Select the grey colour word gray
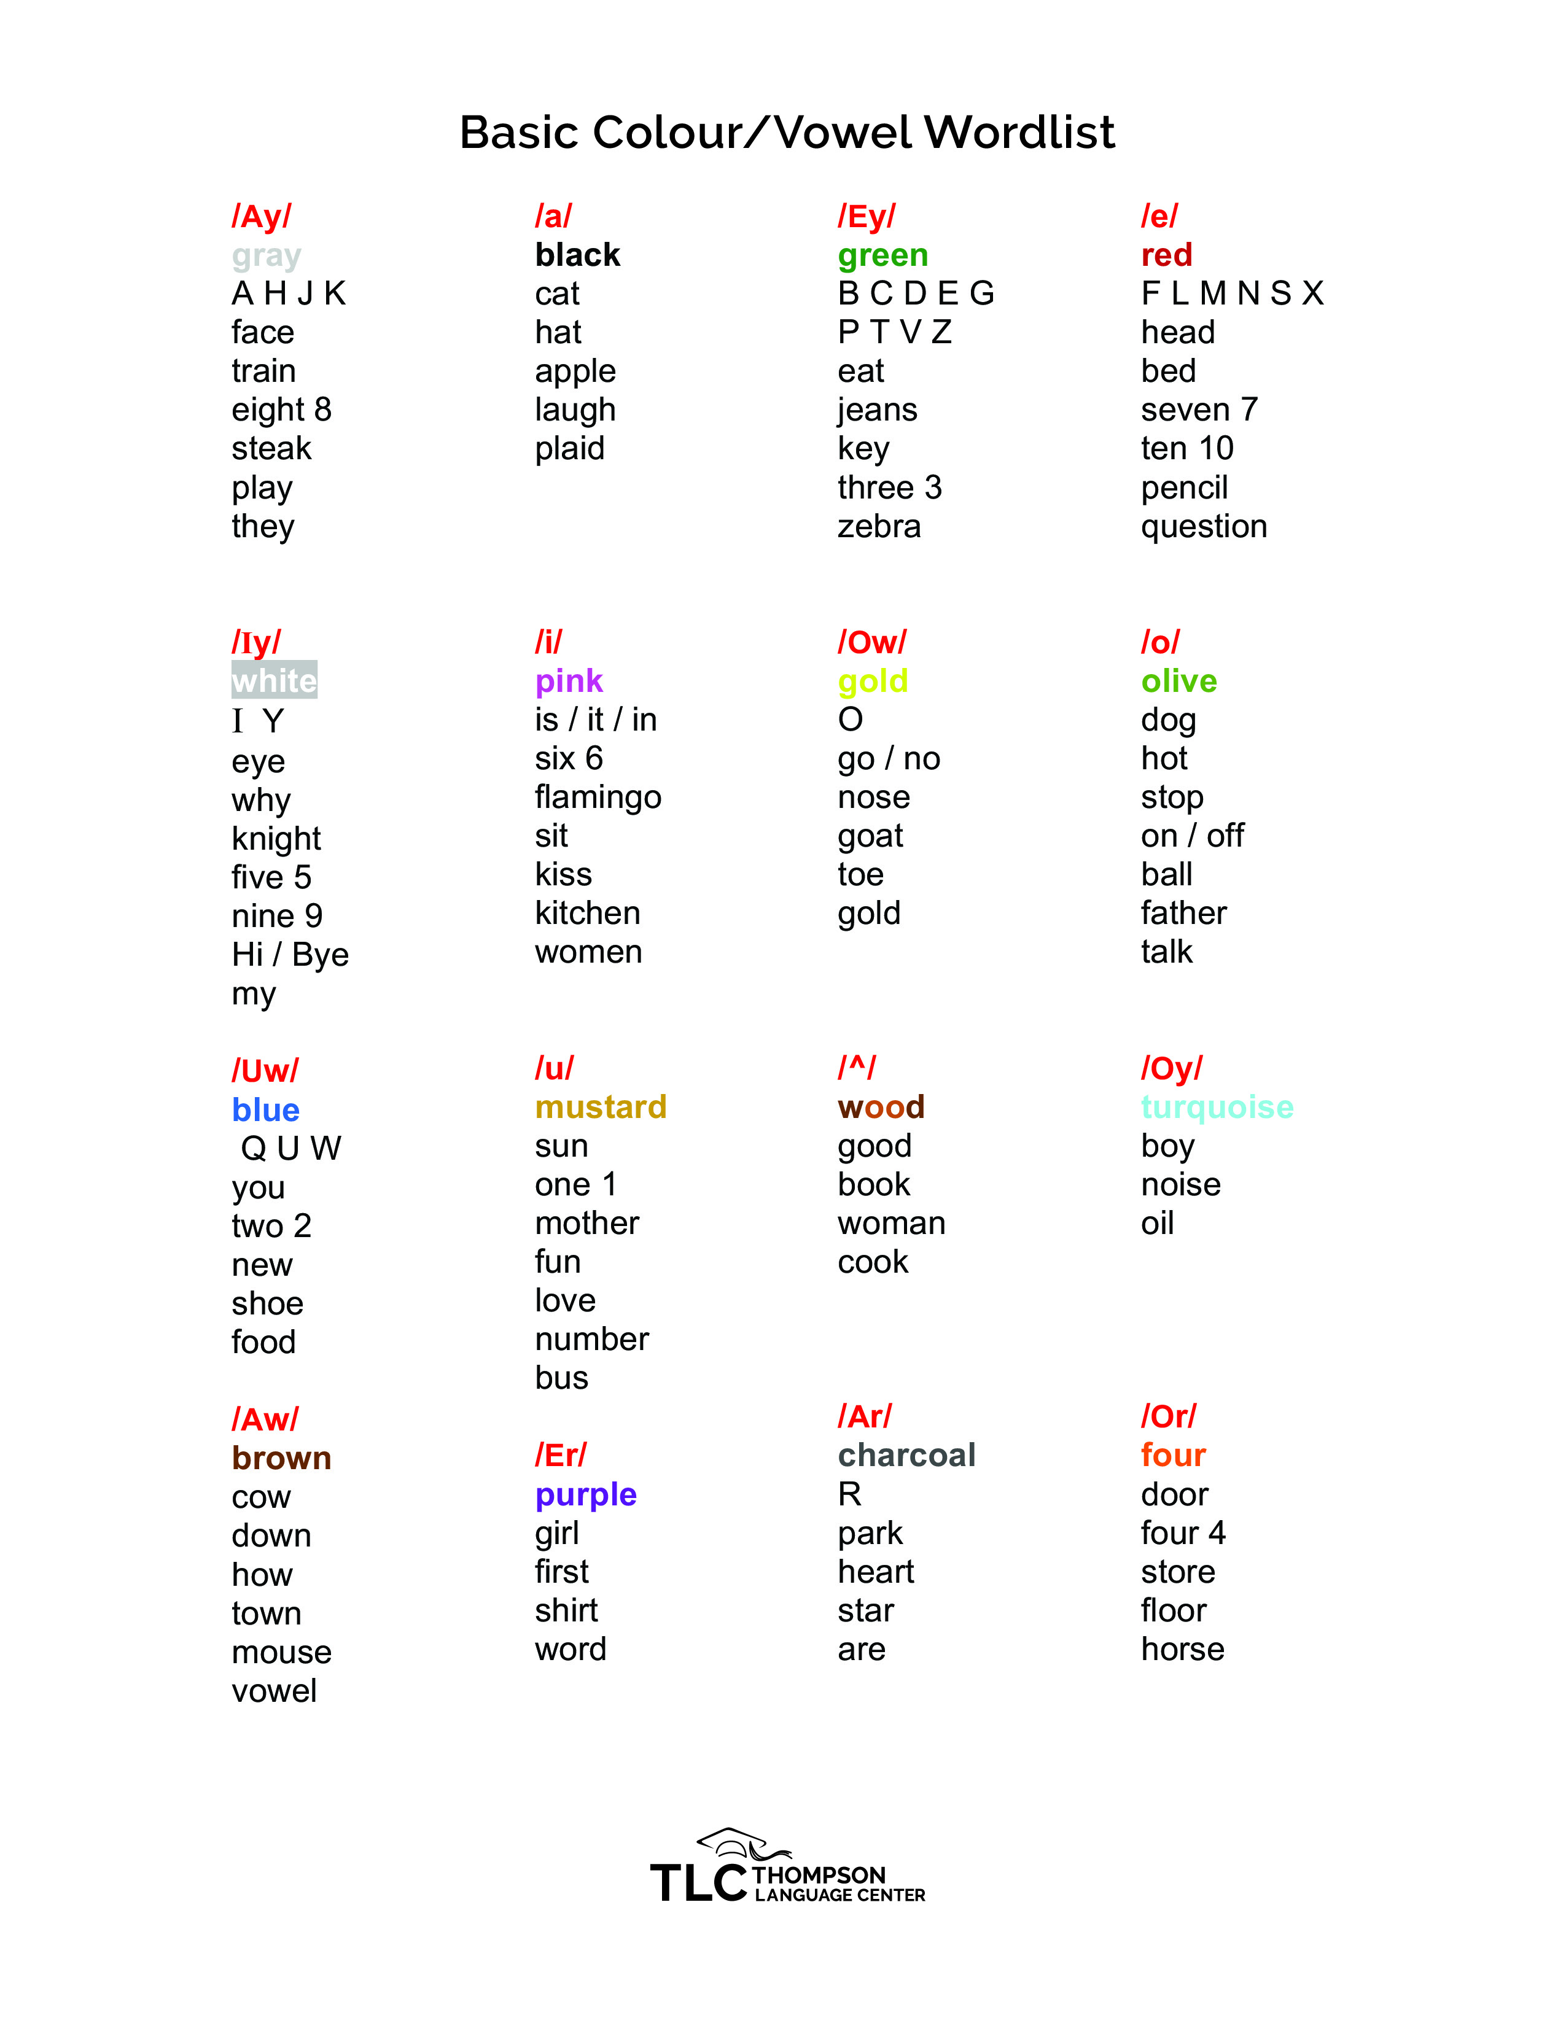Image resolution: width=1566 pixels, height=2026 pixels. pos(267,255)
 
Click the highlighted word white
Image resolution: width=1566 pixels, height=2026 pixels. pos(274,680)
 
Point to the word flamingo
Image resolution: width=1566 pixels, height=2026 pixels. pos(598,798)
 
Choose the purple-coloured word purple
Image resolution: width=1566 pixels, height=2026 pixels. pos(585,1494)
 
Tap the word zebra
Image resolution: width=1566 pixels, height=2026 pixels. pos(879,526)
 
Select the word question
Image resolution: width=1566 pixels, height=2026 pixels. pos(1203,526)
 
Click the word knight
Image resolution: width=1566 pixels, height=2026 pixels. pos(276,839)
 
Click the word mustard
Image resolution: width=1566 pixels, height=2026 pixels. pos(600,1107)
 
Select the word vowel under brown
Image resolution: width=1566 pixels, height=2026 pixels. pos(274,1690)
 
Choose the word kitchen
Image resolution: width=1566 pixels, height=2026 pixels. pos(587,913)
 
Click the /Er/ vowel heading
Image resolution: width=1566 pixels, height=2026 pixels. pos(560,1454)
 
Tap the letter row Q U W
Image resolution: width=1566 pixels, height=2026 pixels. pos(290,1149)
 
